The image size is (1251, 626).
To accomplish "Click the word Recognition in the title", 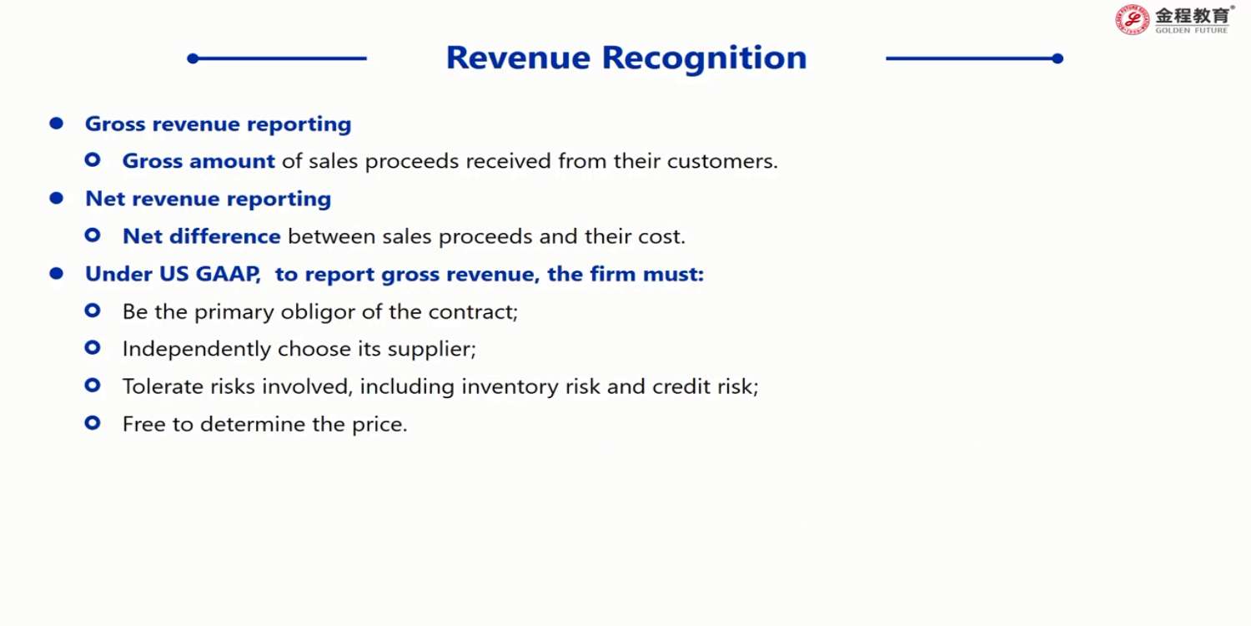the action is coord(704,58).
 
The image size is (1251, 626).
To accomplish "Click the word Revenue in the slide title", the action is coord(518,58).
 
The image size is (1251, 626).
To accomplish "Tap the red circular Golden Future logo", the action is coord(1132,20).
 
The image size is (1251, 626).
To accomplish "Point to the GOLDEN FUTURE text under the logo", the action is coord(1191,30).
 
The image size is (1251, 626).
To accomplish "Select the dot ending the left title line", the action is coord(193,58).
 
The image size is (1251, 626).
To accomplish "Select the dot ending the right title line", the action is coord(1058,58).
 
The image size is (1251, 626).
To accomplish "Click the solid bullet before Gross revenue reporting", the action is coord(57,123).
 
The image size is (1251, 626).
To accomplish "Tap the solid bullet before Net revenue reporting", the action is coord(57,198).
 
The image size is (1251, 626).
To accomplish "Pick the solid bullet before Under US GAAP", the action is coord(57,273).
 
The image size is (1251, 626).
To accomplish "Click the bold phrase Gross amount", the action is coord(198,161).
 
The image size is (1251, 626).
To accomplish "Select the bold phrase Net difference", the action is coord(202,236).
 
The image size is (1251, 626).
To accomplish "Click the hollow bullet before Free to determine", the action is coord(93,423).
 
